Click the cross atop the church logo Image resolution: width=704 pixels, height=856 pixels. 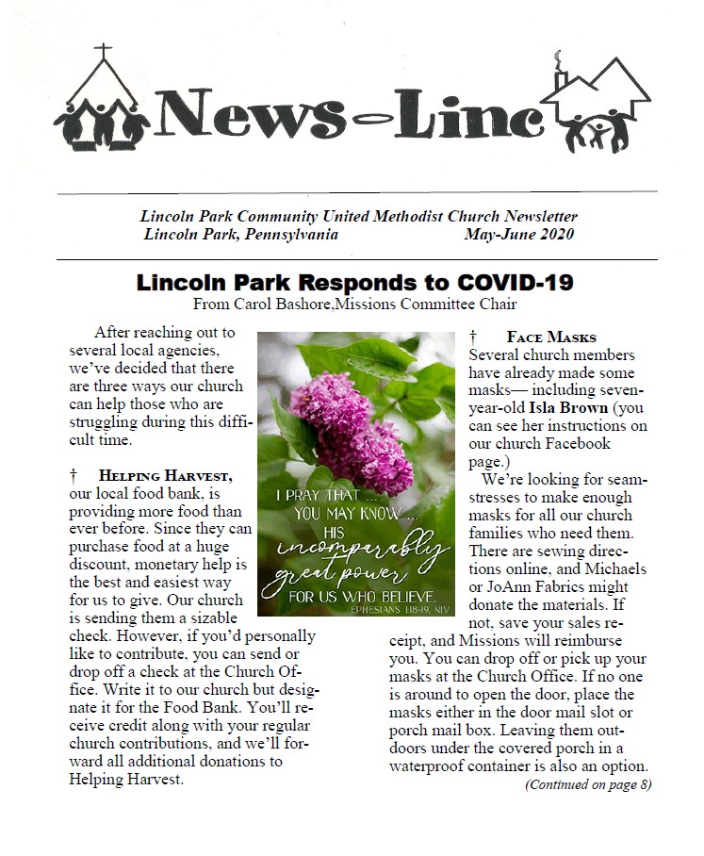click(104, 50)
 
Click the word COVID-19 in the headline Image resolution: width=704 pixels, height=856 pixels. click(516, 283)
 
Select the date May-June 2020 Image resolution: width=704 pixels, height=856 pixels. click(518, 235)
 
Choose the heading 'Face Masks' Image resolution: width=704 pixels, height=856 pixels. click(550, 337)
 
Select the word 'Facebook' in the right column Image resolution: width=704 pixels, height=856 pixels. click(578, 443)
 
